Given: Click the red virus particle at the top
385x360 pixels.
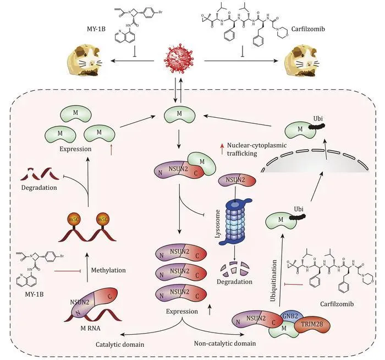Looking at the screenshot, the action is point(179,58).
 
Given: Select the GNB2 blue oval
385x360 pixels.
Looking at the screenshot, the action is point(290,316).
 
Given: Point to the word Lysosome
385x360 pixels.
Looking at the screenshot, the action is point(218,223).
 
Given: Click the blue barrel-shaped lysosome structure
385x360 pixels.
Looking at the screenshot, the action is point(236,222).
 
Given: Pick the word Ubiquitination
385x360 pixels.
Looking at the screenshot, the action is point(273,281).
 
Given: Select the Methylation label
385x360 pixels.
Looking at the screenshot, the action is point(108,270).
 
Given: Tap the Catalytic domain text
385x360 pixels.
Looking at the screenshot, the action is point(120,345).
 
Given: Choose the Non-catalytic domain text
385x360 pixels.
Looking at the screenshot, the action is point(225,343).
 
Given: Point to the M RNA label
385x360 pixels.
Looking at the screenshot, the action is point(90,328).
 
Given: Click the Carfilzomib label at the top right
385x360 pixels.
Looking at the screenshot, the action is point(308,29).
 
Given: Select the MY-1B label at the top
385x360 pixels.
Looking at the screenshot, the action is point(96,29).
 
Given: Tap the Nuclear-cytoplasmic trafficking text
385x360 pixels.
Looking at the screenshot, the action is point(257,149).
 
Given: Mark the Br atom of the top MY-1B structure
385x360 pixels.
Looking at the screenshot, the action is point(160,12).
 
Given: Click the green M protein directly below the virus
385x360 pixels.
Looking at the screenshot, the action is point(179,114).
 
